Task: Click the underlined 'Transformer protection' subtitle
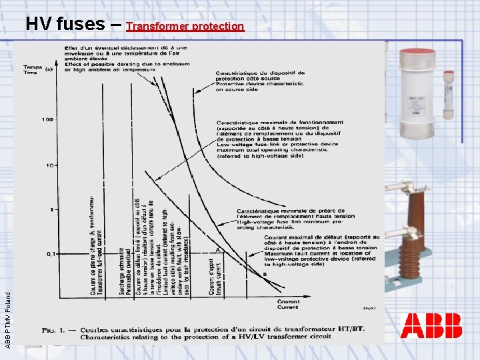point(185,27)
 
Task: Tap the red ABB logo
point(431,326)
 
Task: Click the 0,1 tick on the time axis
point(51,254)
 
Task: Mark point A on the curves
point(217,249)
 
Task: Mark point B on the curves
point(265,274)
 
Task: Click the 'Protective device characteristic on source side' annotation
point(260,81)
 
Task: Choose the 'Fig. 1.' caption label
point(54,331)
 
